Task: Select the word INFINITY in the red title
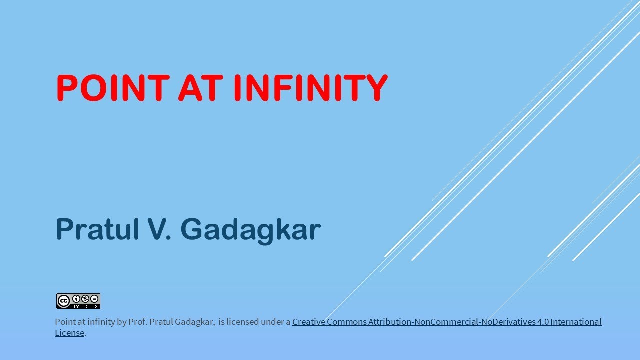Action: tap(310, 88)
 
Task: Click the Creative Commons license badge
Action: tap(78, 301)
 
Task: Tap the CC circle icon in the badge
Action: tap(63, 301)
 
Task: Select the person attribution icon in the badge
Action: tap(76, 299)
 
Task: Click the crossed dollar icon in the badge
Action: tap(85, 299)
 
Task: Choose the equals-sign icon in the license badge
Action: tap(94, 299)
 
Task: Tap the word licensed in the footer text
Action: tap(242, 322)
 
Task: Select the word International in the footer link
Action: tap(576, 322)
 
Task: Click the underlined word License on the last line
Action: tap(69, 333)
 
